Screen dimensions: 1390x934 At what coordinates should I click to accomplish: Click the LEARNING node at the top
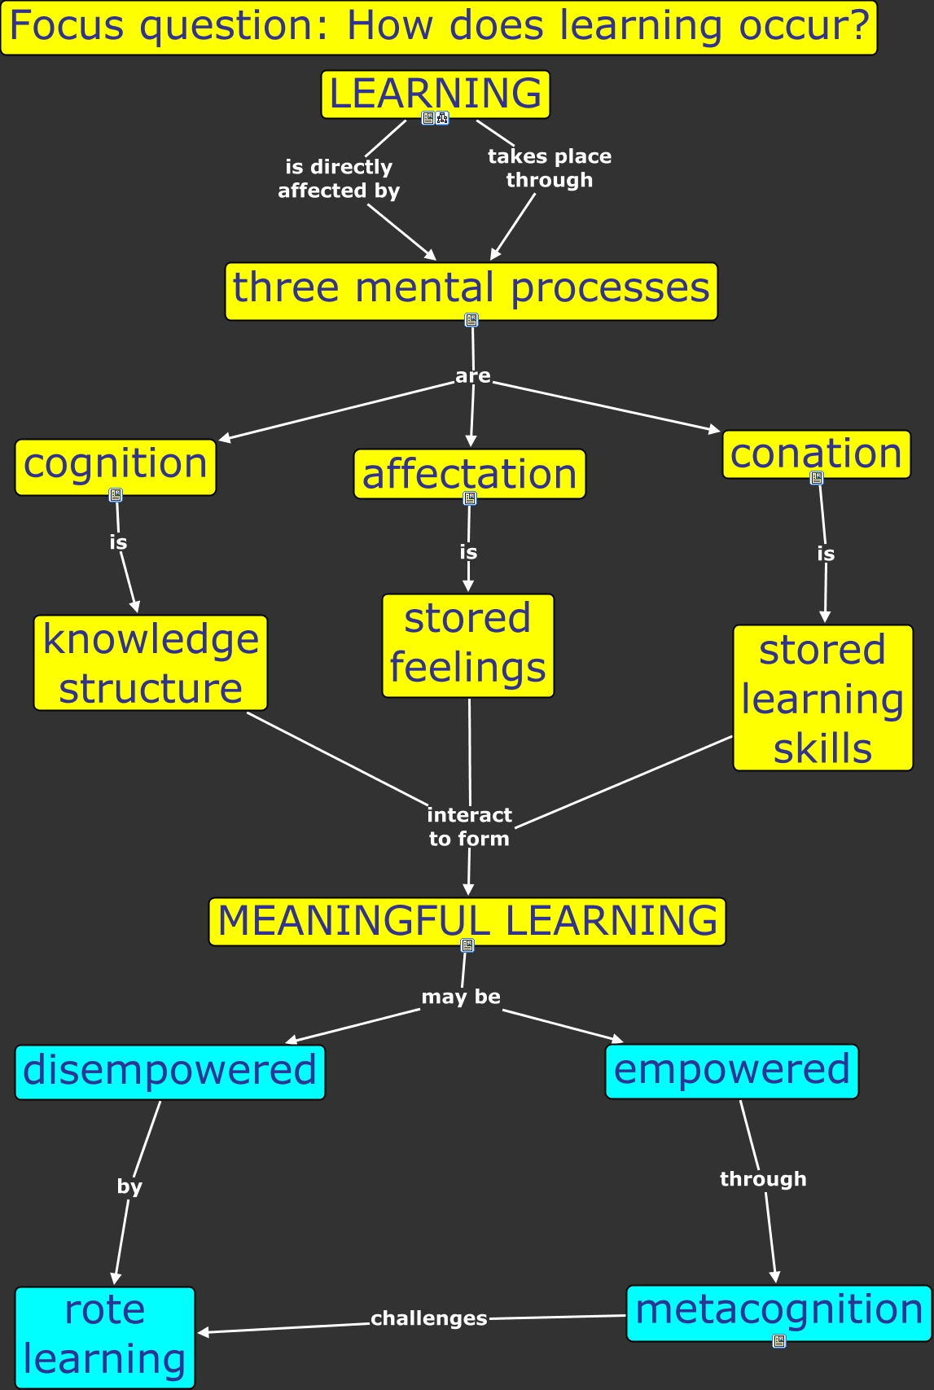435,94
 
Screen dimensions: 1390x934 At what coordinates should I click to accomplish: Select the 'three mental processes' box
471,289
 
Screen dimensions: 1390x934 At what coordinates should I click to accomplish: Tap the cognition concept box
115,466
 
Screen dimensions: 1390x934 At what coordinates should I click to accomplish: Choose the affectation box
469,474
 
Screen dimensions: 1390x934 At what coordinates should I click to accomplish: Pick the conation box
816,454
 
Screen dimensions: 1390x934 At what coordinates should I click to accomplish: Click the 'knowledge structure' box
151,663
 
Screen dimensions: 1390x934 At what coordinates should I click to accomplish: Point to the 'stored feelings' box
468,645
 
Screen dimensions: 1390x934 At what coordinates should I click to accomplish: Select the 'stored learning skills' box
822,698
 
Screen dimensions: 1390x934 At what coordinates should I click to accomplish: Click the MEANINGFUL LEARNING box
467,921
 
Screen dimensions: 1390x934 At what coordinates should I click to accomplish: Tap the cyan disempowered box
169,1072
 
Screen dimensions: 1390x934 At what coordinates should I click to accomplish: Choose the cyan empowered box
731,1071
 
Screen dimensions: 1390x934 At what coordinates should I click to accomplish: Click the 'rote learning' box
105,1336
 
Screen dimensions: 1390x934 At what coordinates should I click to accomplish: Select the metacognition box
778,1311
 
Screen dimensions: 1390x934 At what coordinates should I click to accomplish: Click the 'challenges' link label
428,1318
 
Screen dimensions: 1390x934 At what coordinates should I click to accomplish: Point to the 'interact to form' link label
469,827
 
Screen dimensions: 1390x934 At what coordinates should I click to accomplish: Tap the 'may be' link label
461,997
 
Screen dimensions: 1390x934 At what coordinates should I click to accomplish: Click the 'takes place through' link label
549,168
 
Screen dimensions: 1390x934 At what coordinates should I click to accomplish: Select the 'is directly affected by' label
339,178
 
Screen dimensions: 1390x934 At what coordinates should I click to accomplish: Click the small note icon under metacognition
779,1341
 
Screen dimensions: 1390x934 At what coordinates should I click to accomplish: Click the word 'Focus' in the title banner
67,26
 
